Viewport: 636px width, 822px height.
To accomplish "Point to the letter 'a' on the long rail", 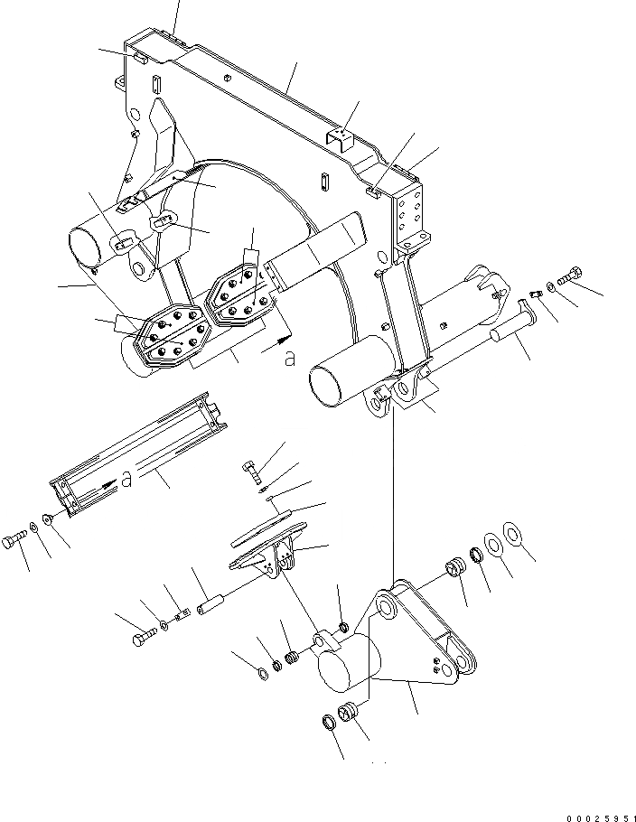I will click(126, 480).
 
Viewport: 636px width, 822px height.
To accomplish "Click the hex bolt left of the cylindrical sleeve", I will click(140, 638).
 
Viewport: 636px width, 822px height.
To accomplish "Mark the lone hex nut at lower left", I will click(260, 671).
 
